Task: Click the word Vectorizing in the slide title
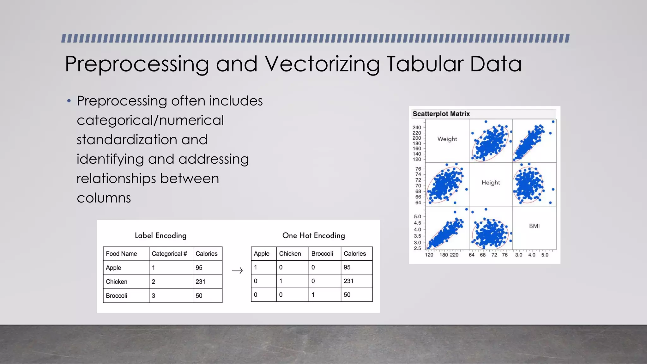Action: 322,64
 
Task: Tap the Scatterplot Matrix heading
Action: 441,114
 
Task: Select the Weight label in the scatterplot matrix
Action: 447,139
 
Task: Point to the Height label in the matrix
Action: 491,183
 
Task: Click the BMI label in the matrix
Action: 534,226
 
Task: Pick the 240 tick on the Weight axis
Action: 417,128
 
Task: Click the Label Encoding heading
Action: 160,236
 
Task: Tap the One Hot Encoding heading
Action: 313,236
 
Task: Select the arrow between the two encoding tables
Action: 237,271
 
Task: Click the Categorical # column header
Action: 169,254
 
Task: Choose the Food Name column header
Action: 121,254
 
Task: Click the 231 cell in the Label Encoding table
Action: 200,282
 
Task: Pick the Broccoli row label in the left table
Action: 116,296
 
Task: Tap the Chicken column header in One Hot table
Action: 290,254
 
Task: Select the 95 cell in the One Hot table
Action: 347,267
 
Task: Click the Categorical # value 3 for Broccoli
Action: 154,296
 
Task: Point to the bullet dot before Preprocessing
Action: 69,101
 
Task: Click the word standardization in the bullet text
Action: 142,140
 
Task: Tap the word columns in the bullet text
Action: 104,198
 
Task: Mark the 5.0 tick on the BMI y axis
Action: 417,217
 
